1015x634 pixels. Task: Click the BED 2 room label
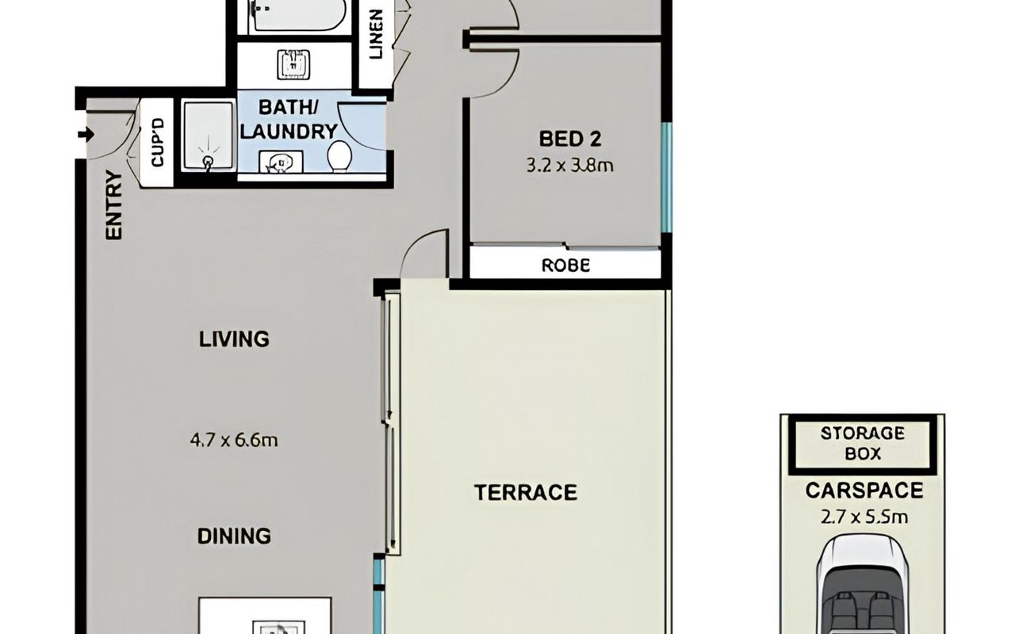point(570,139)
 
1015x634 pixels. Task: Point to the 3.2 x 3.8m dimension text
point(569,166)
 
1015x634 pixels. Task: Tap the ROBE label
point(566,265)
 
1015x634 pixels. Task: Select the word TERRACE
point(526,492)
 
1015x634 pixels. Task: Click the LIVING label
point(234,339)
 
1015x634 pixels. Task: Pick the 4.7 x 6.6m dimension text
point(234,440)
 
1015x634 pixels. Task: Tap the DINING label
point(234,537)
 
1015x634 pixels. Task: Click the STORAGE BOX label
point(863,443)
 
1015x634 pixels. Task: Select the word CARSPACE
point(864,491)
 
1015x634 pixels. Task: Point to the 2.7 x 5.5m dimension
point(864,517)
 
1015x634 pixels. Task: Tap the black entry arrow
point(86,134)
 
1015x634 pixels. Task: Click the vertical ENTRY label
point(113,204)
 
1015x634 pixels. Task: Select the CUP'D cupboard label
point(157,142)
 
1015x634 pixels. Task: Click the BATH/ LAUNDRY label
point(289,120)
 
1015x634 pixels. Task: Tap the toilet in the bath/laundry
point(340,156)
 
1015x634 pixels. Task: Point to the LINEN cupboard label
point(376,34)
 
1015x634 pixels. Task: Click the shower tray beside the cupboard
point(209,136)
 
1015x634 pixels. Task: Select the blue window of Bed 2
point(666,178)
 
